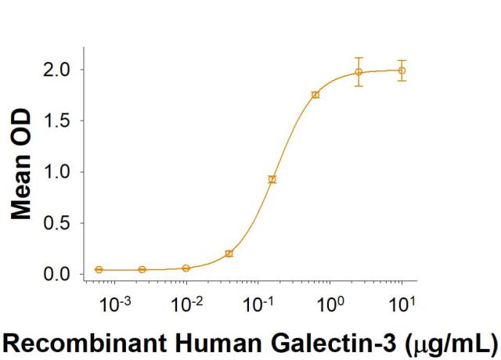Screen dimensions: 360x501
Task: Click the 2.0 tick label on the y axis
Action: (x=56, y=70)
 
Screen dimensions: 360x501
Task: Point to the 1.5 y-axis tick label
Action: (x=56, y=121)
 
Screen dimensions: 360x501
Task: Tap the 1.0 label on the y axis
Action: (x=56, y=172)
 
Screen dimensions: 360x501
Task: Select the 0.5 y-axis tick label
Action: (x=56, y=223)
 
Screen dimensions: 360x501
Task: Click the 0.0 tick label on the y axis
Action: (x=56, y=275)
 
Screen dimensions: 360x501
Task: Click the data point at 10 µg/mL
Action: (x=402, y=70)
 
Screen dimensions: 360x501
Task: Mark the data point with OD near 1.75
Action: (x=315, y=95)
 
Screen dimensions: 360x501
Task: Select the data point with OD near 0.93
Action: (x=272, y=179)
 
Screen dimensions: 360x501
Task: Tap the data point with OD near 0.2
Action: (x=229, y=254)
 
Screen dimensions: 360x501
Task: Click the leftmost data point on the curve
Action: (x=99, y=269)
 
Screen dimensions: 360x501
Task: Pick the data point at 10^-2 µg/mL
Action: (x=186, y=268)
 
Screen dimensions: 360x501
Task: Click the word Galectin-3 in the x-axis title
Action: (x=338, y=341)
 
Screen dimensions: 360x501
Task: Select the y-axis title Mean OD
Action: (x=22, y=164)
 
